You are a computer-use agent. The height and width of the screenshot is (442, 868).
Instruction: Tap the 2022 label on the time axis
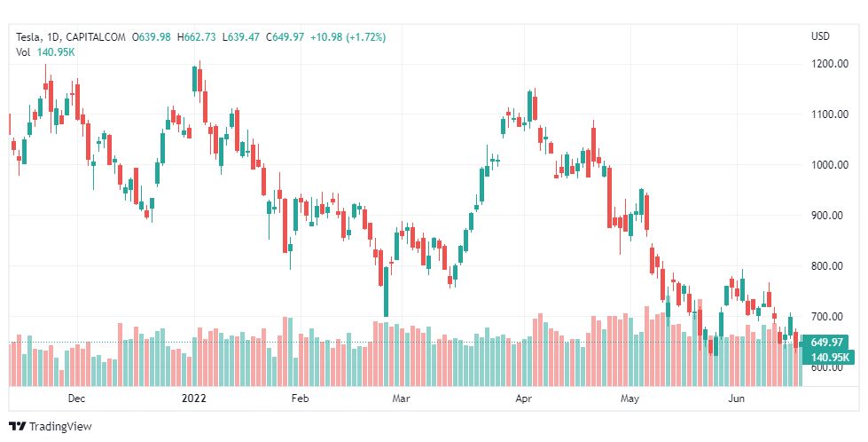(192, 399)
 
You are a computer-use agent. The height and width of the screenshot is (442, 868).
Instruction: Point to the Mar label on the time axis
(401, 399)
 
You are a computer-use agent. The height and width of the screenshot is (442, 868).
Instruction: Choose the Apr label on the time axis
(523, 399)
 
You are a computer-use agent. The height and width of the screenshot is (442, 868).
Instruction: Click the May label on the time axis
(629, 399)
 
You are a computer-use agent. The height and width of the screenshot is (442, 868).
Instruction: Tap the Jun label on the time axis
(736, 399)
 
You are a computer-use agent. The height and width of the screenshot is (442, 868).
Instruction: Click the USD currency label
(820, 36)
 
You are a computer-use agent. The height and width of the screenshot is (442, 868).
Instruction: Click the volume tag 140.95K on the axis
(826, 357)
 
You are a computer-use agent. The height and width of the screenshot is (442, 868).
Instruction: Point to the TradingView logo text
(60, 427)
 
